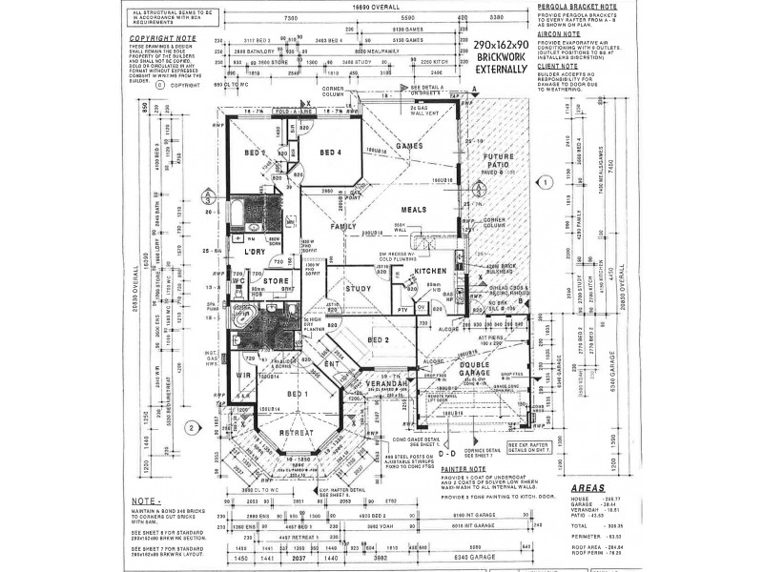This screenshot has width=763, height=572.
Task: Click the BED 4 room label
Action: pyautogui.click(x=330, y=153)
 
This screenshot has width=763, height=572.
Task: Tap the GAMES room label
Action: pyautogui.click(x=409, y=146)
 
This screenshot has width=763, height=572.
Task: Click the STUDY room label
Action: pyautogui.click(x=358, y=288)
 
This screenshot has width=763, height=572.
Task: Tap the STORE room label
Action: pyautogui.click(x=276, y=281)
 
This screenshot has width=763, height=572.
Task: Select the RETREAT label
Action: pyautogui.click(x=296, y=434)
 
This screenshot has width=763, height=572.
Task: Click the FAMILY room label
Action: pyautogui.click(x=343, y=227)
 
